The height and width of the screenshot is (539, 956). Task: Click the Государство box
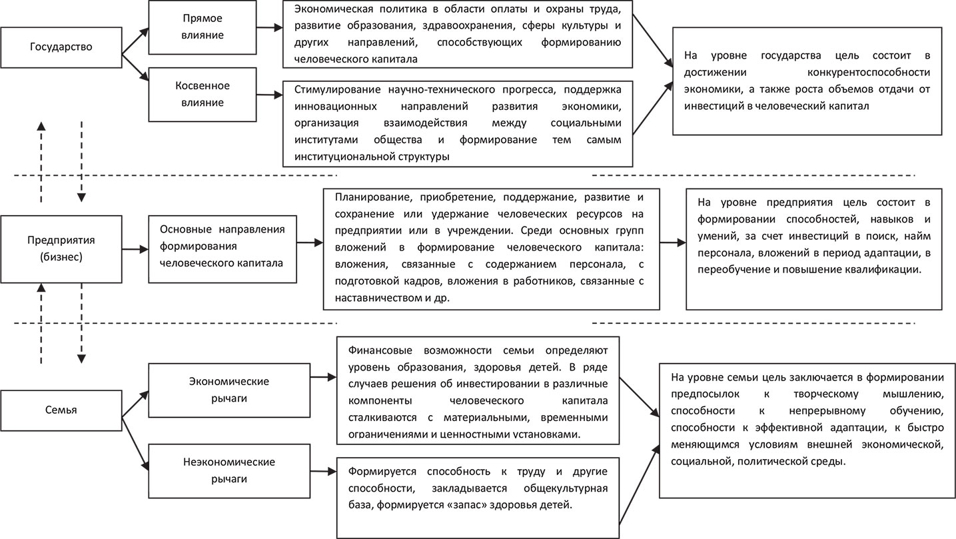click(61, 47)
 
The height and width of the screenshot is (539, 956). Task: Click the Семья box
click(61, 410)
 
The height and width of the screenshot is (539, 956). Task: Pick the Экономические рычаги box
click(229, 388)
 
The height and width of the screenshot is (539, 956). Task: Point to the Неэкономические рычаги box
click(229, 469)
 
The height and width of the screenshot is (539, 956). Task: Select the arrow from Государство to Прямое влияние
click(135, 39)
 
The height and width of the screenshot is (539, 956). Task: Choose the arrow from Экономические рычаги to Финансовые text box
click(322, 378)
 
